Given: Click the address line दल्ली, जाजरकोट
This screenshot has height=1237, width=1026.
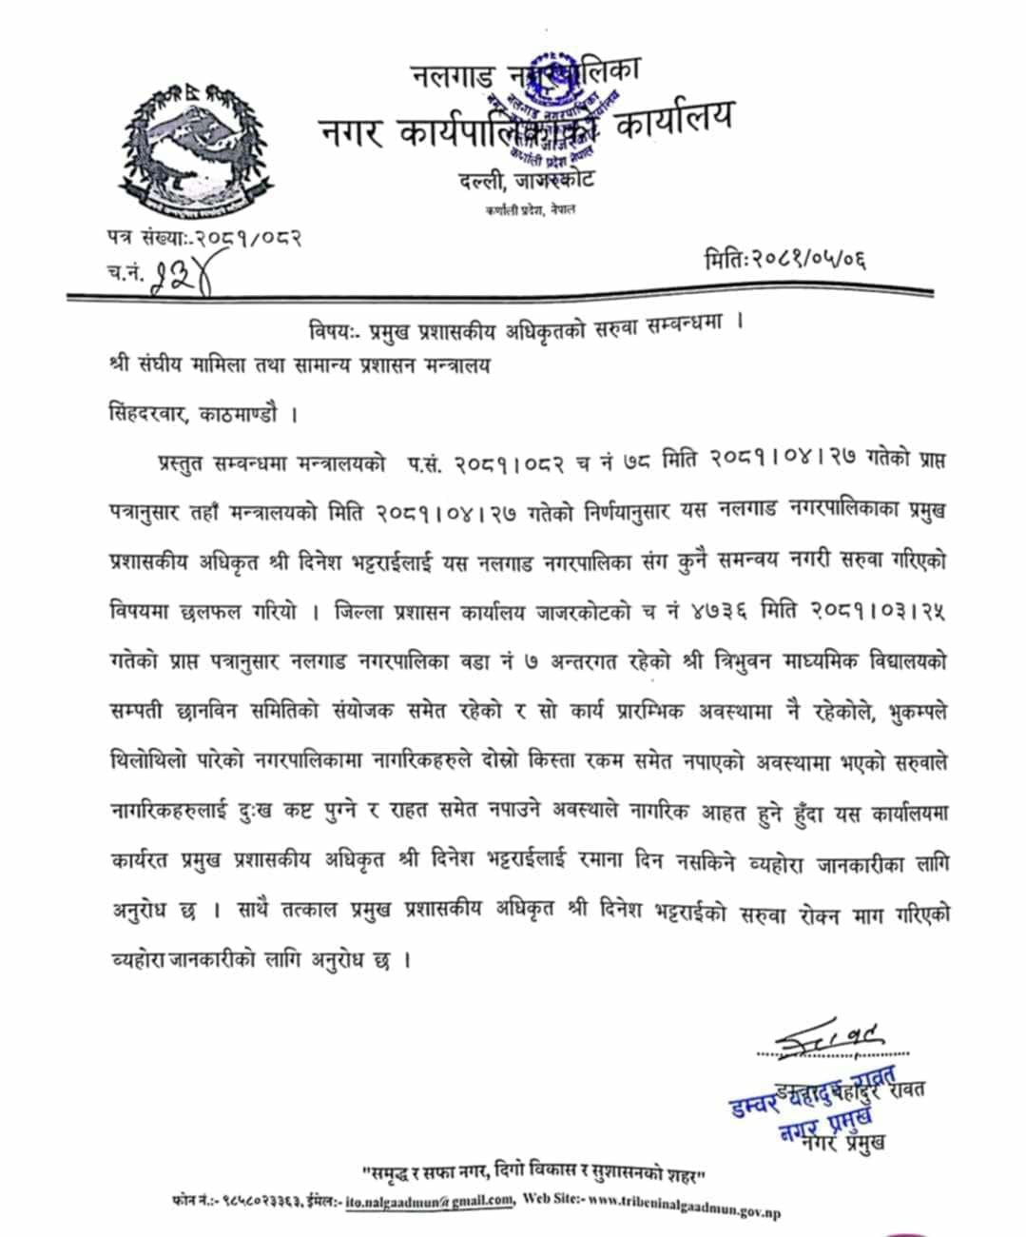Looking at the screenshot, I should pos(526,181).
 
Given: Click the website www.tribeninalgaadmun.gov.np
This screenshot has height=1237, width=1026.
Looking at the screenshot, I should pos(685,1205).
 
